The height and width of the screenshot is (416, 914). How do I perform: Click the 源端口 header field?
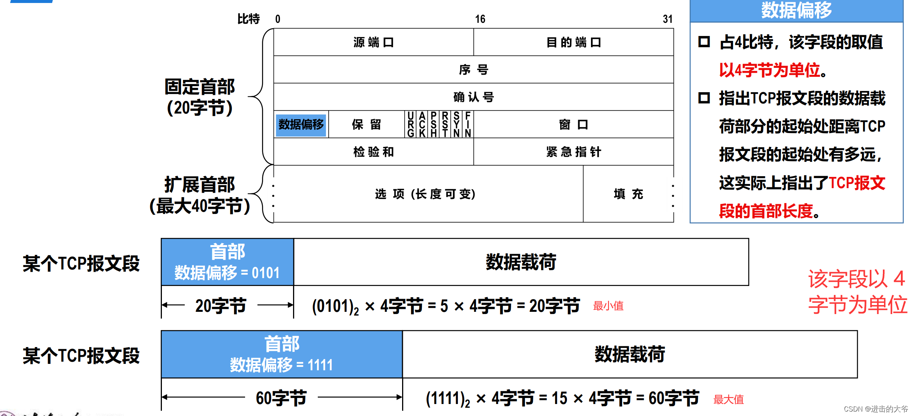pos(374,42)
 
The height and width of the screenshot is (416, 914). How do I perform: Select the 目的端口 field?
pos(573,42)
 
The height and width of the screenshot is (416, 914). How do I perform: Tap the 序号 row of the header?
pos(474,70)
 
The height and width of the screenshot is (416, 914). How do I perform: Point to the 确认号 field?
pos(474,97)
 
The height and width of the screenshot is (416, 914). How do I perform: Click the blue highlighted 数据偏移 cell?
pos(301,124)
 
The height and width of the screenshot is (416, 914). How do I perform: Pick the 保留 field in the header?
pos(366,124)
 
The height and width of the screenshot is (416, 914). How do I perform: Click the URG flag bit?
pos(411,124)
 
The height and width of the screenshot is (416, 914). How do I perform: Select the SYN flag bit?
pos(456,124)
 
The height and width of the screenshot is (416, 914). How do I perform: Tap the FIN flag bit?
pos(468,124)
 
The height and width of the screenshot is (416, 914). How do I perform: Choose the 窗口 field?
pos(573,124)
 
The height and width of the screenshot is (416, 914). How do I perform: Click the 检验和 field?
pos(374,152)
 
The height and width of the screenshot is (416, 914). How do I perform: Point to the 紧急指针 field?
pos(573,152)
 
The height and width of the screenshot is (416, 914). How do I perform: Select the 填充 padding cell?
pos(628,194)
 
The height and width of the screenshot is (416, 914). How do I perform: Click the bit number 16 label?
pos(480,19)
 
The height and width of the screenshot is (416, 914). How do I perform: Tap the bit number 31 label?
pos(667,19)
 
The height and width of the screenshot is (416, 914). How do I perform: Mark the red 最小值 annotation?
pos(608,306)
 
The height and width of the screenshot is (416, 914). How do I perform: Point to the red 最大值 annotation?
pos(729,400)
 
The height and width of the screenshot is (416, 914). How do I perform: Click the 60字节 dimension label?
pos(281,398)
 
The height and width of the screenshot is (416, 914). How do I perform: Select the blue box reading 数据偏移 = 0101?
pos(227,262)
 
